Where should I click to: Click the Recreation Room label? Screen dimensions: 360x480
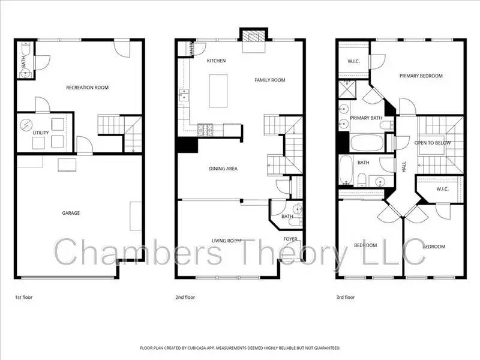tap(88, 88)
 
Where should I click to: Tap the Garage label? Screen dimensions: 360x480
tap(71, 213)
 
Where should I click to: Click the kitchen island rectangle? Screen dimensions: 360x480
tap(218, 91)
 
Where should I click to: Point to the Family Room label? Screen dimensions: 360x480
tap(269, 80)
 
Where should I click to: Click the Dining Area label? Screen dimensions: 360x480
tap(223, 169)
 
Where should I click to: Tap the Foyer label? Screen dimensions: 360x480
tap(291, 239)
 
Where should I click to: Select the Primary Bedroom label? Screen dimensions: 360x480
tap(421, 76)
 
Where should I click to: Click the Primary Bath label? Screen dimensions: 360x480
tap(367, 118)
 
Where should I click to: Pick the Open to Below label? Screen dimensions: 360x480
tap(433, 143)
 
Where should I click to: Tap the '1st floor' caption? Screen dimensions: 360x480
tap(24, 297)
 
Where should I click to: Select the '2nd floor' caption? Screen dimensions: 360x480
tap(185, 297)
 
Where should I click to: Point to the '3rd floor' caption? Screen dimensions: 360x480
tap(346, 297)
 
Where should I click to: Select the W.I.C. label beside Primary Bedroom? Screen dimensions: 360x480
tap(353, 62)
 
